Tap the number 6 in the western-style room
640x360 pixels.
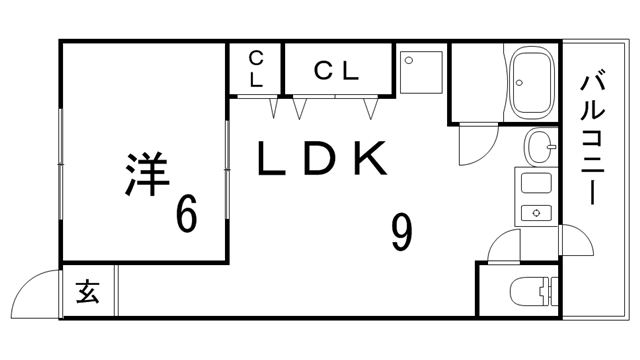(x=186, y=213)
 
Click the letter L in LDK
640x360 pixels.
(x=271, y=159)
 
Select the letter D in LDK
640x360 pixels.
(x=318, y=159)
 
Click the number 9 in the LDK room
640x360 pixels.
(x=401, y=233)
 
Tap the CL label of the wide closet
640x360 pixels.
(x=335, y=70)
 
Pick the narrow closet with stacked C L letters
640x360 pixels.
(x=256, y=68)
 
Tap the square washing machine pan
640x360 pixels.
(x=419, y=70)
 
